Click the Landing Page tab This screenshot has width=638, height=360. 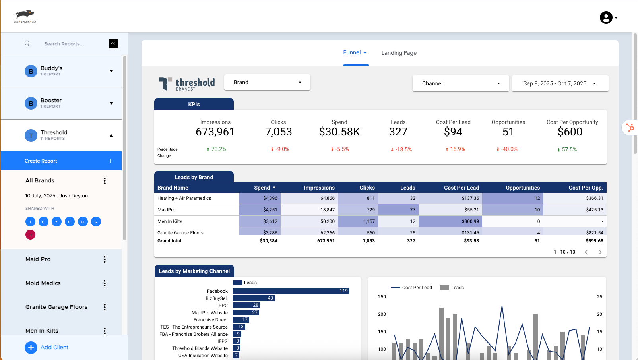[399, 53]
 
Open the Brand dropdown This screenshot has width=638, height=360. [267, 82]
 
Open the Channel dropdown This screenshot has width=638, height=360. [460, 83]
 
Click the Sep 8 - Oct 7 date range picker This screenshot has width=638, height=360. [560, 83]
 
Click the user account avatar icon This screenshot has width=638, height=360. [606, 17]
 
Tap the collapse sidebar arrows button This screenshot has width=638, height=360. [113, 44]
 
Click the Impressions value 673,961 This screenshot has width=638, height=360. [215, 132]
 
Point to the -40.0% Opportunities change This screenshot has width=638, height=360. [507, 149]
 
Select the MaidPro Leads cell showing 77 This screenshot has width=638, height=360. [398, 210]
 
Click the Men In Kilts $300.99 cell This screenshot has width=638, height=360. [450, 221]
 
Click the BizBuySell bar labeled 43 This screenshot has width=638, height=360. [253, 298]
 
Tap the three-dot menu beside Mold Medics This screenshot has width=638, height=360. [105, 283]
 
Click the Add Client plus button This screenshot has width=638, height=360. [31, 348]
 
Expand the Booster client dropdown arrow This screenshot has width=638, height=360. [111, 103]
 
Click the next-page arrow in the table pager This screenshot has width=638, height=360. [600, 252]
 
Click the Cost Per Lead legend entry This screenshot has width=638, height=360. [411, 288]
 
